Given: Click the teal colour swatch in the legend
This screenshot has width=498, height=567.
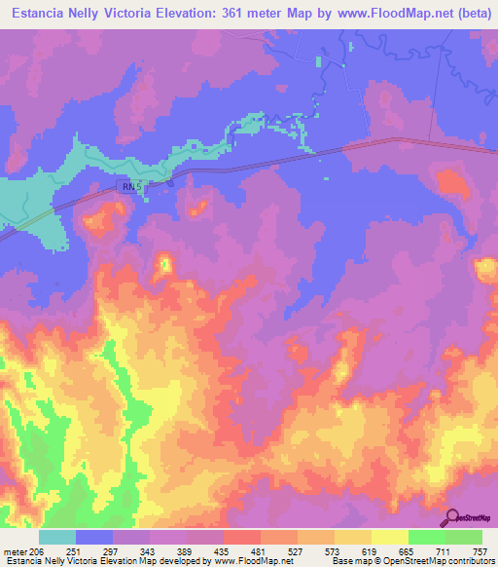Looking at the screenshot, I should point(57,537).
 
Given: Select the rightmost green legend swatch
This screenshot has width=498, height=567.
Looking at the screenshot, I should point(463,537).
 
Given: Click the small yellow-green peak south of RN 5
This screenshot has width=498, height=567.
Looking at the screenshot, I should point(165,263).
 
